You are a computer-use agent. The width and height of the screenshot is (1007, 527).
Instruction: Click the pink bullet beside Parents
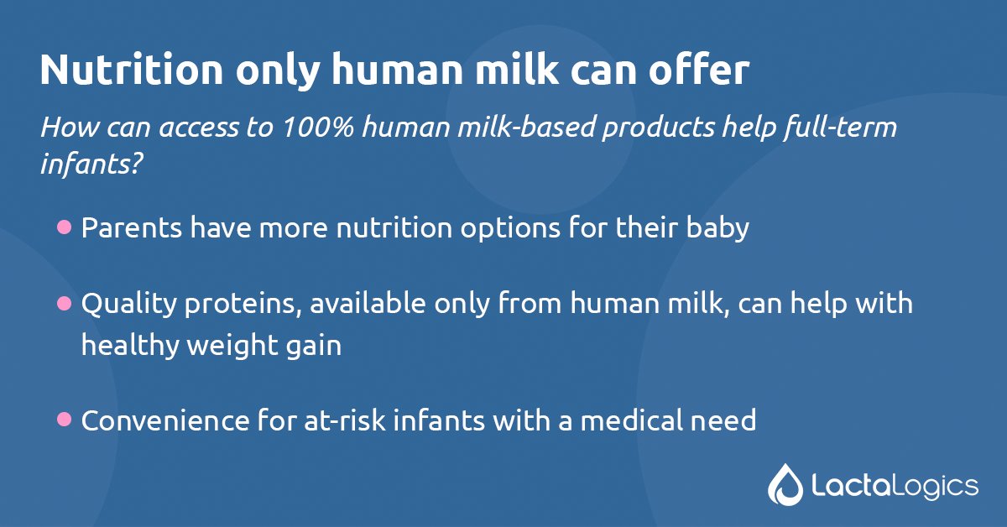point(64,227)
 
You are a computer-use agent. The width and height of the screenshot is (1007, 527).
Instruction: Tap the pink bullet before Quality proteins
point(64,303)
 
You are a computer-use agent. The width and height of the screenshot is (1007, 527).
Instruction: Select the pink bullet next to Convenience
point(64,419)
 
